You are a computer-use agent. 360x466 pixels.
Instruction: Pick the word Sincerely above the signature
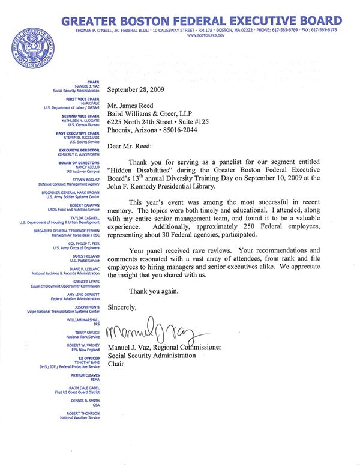coord(122,307)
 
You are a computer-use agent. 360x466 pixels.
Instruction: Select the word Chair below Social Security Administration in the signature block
coord(116,363)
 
